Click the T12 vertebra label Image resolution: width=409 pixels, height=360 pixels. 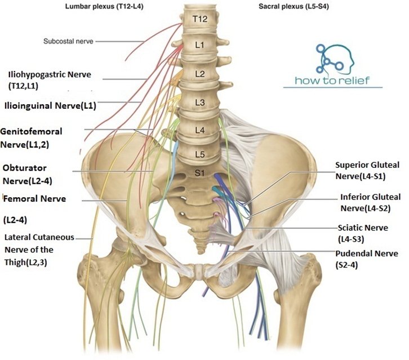click(201, 19)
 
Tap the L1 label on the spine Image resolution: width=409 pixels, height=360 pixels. click(199, 45)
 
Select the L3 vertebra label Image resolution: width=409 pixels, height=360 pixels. click(200, 103)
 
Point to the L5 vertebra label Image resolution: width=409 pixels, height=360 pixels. click(200, 154)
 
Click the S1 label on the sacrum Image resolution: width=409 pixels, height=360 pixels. click(199, 172)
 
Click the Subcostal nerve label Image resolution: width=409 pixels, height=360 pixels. click(68, 41)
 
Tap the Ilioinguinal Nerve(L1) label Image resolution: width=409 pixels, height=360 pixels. click(50, 106)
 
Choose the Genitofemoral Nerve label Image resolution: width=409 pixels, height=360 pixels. click(31, 137)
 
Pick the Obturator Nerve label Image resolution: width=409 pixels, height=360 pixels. click(27, 174)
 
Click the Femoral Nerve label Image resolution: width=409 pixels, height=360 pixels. click(34, 209)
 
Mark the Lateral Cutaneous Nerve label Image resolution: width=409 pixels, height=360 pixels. click(39, 250)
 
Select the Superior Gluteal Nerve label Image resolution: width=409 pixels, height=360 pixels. click(367, 171)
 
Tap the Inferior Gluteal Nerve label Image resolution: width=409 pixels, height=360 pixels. click(370, 203)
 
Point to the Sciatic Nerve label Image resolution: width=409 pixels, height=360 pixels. click(363, 233)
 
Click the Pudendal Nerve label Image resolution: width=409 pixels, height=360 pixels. click(367, 259)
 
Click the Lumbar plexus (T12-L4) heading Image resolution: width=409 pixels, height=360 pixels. click(104, 6)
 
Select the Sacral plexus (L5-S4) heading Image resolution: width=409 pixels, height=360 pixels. click(294, 6)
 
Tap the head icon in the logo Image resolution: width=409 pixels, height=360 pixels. click(335, 59)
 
